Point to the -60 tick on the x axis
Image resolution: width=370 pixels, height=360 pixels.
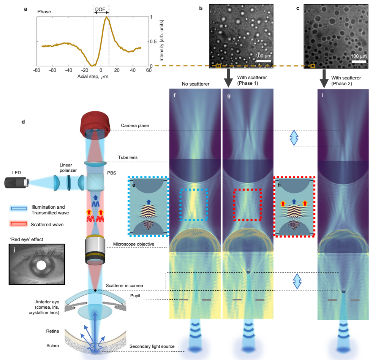pyautogui.click(x=53, y=71)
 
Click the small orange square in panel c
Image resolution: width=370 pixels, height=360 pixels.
pyautogui.click(x=313, y=66)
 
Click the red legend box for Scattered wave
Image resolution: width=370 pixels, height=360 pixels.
pyautogui.click(x=18, y=225)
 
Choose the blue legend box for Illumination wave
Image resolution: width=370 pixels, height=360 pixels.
pyautogui.click(x=18, y=208)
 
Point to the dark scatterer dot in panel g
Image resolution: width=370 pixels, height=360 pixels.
pyautogui.click(x=248, y=272)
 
